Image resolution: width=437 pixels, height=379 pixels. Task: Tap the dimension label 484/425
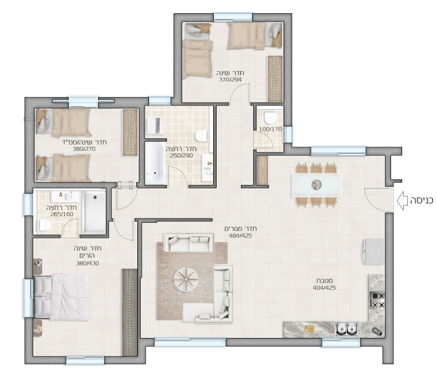coord(240,235)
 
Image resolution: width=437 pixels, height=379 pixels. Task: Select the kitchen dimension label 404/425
coord(324,288)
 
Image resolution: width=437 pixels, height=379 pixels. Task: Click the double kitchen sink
coord(346,329)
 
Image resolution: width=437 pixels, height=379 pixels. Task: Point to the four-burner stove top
coord(377,300)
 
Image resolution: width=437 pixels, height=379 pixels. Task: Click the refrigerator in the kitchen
coord(373,252)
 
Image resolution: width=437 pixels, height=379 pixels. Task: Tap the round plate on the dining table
coord(316,184)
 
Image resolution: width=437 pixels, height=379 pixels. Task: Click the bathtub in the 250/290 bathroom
coord(155,163)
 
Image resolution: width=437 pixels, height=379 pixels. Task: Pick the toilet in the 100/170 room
coord(270,117)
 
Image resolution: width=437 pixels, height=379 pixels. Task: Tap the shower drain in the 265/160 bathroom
coord(95,197)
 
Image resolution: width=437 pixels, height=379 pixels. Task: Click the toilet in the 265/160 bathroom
coord(45,225)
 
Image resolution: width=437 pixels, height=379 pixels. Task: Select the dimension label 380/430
coord(87,263)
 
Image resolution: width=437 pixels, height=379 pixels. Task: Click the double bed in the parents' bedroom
coord(61,297)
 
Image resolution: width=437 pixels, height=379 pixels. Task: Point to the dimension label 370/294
coord(230,80)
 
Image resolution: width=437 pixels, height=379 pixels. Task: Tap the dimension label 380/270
coord(84,149)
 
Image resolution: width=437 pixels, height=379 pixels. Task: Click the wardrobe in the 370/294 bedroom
coord(275,79)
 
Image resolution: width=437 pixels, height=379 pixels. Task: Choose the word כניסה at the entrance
coord(421,200)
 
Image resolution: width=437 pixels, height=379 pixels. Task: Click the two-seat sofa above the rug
coord(188,242)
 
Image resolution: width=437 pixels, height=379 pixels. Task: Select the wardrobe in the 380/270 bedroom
coord(130,132)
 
